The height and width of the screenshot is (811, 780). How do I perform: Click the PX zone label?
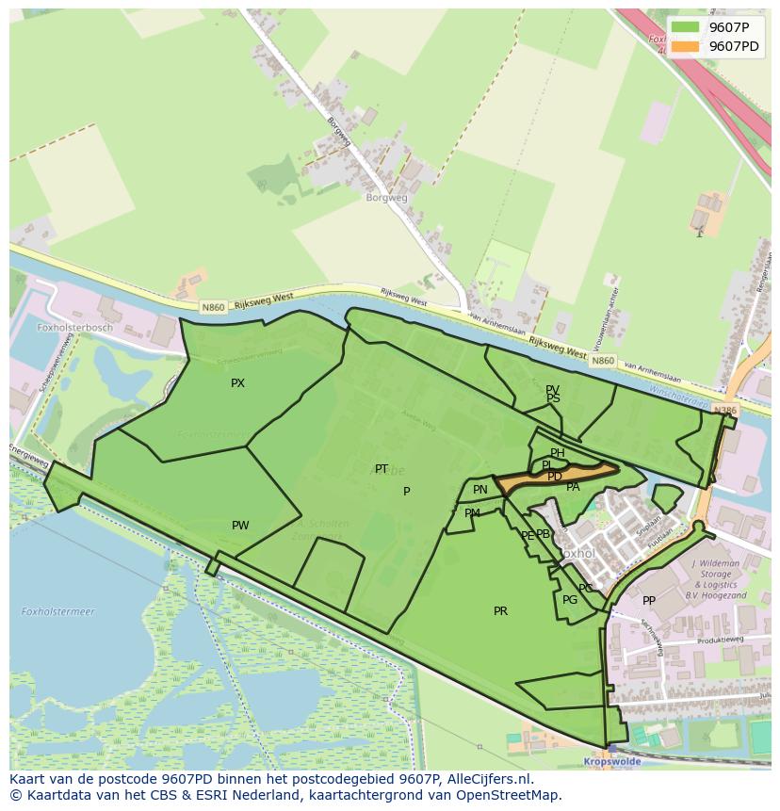click(x=237, y=383)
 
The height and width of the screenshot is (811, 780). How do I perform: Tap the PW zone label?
click(x=240, y=526)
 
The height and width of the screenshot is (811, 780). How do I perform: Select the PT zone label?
click(x=382, y=469)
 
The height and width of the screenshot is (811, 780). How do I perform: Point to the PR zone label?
click(x=500, y=611)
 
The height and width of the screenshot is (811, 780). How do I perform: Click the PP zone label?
click(x=648, y=601)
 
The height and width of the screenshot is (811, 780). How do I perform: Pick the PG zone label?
click(x=570, y=600)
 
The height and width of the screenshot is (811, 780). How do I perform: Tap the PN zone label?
click(x=480, y=490)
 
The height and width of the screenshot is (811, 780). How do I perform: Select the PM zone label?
click(x=472, y=513)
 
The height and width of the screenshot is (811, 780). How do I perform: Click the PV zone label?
click(x=552, y=389)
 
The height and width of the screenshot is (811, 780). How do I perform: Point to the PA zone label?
click(x=573, y=487)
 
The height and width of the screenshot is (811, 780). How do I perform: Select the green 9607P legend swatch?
click(x=685, y=27)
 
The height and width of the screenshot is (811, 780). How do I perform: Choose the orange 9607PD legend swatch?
click(x=685, y=46)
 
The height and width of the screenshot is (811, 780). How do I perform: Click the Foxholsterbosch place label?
click(x=74, y=328)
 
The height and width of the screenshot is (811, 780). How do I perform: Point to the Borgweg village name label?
click(x=387, y=198)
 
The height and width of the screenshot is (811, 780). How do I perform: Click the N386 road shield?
click(x=724, y=411)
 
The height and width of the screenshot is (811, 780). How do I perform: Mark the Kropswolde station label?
click(x=612, y=760)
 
